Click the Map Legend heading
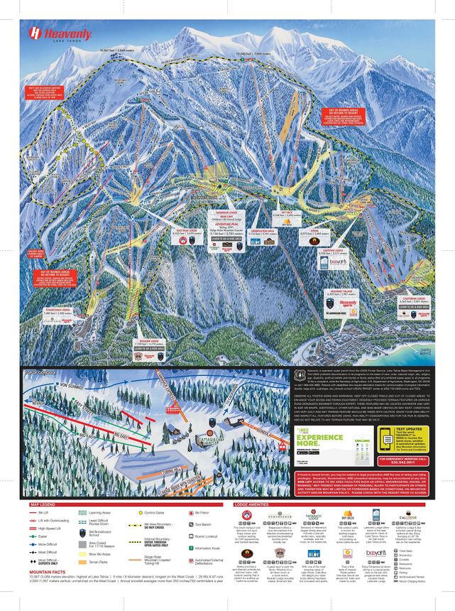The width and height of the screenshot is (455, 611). pyautogui.click(x=43, y=505)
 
